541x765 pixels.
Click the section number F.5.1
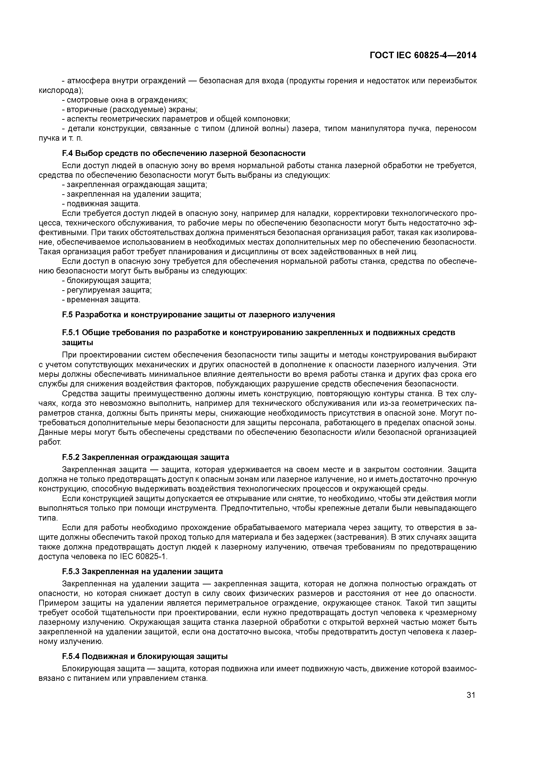point(71,333)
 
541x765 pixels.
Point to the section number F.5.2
point(71,457)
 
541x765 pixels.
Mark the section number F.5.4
point(71,656)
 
